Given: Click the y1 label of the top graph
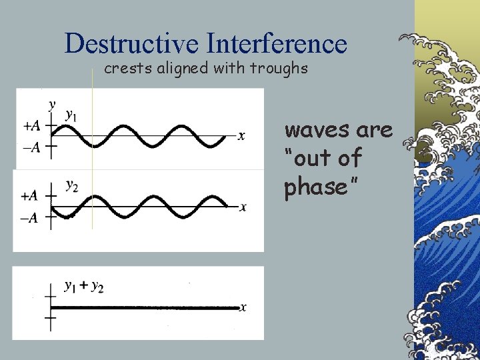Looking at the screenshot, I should click(71, 115).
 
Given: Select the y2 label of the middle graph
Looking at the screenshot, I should click(71, 185).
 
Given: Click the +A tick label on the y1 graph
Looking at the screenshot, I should click(31, 125).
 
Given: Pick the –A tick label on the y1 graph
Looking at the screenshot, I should click(31, 148).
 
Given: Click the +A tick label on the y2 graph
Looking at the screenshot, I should click(29, 196).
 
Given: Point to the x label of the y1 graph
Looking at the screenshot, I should click(241, 136).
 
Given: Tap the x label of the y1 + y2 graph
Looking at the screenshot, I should click(244, 307).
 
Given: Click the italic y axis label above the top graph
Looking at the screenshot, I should click(52, 104).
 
